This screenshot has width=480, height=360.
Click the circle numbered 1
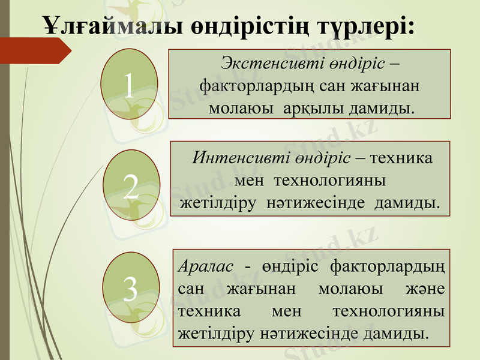click(x=129, y=83)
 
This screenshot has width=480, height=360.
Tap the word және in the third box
click(x=428, y=288)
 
